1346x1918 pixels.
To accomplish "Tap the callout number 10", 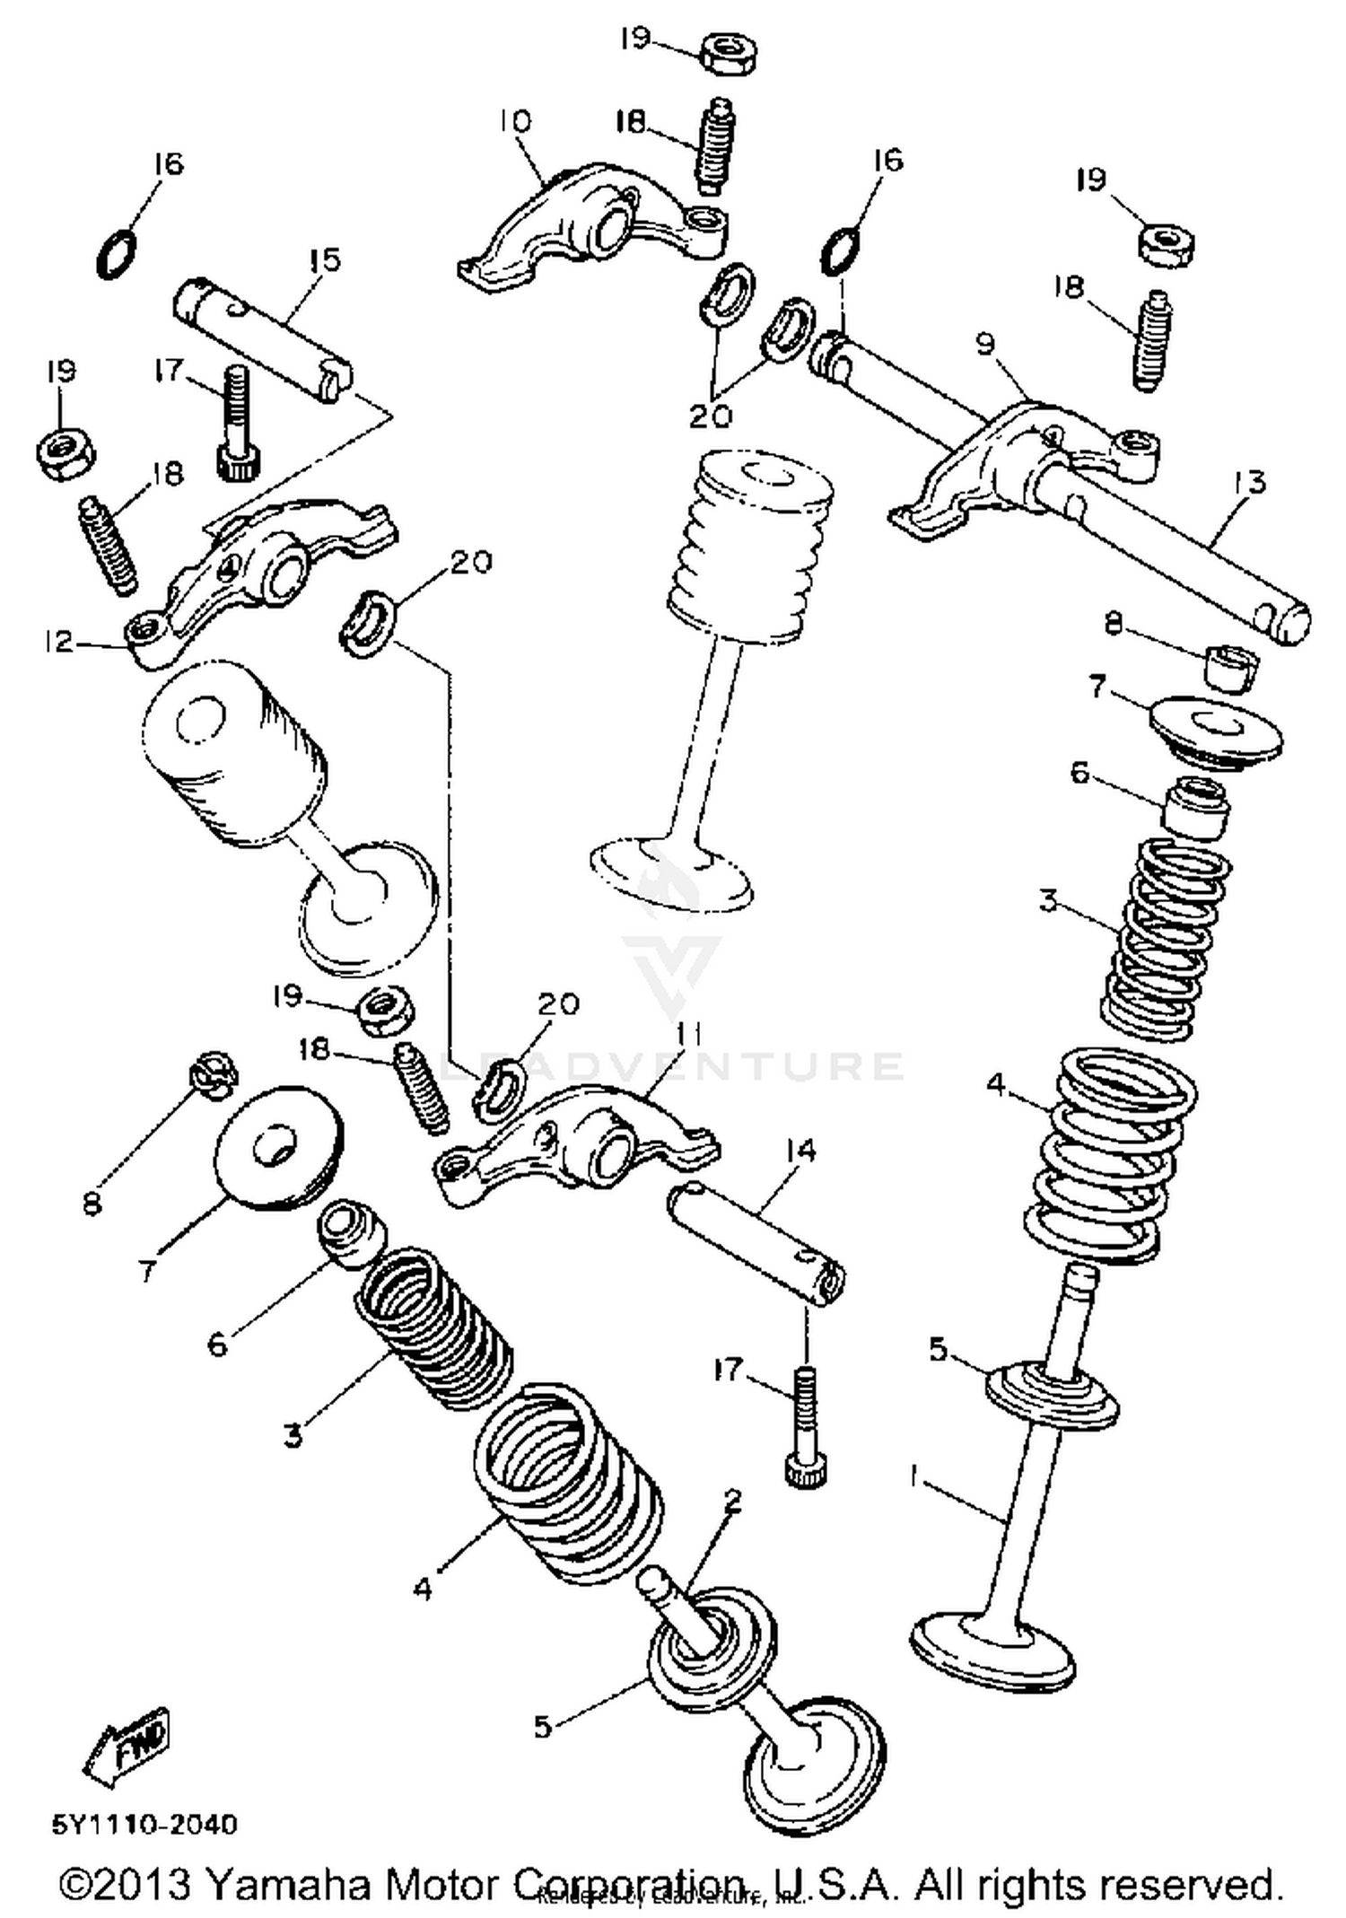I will pos(515,121).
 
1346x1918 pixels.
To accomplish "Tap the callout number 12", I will pos(57,641).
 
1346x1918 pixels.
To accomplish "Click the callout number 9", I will pos(985,344).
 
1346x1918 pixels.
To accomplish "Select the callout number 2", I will pos(733,1499).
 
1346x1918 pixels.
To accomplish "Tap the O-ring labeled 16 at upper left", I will pos(118,255).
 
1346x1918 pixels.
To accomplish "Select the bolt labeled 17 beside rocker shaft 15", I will pos(235,425).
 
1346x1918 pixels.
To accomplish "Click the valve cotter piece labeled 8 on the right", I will pos(1231,667).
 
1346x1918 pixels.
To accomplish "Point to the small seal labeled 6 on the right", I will pos(1196,808).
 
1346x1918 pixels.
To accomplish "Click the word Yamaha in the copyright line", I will pos(289,1883).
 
